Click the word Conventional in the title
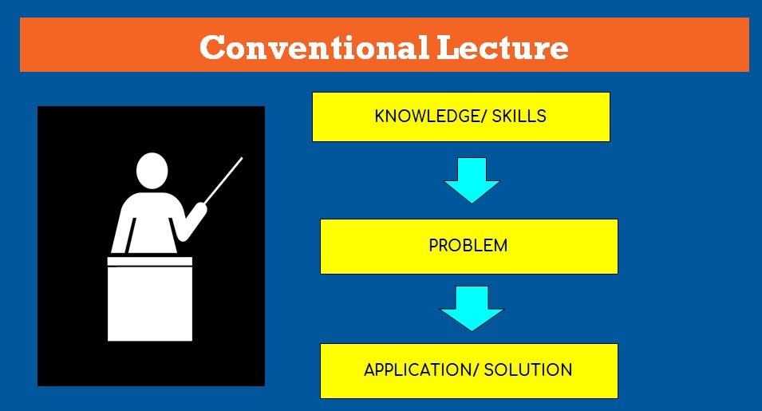pos(314,47)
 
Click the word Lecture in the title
pos(503,47)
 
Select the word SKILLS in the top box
pos(519,116)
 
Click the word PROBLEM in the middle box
pos(468,245)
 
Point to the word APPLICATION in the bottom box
pos(417,370)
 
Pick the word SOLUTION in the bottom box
pos(527,370)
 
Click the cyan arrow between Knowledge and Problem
pos(472,180)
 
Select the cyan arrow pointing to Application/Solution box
pos(472,309)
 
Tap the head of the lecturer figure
pos(152,171)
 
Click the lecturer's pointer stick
pos(223,180)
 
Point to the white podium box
pos(150,303)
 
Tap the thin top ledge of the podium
pos(150,262)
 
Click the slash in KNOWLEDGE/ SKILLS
pos(483,116)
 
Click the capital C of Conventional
pos(213,47)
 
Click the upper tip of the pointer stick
pos(242,157)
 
